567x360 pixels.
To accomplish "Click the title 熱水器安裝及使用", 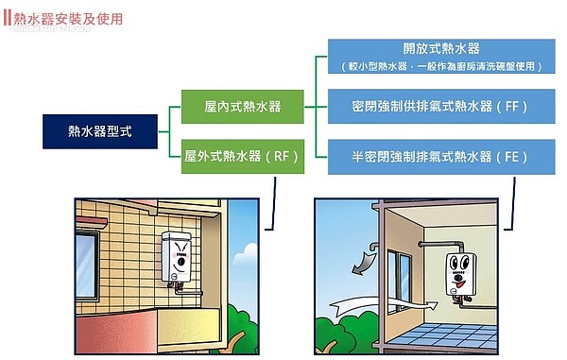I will coord(68,19).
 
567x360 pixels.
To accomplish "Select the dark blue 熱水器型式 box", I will coord(100,131).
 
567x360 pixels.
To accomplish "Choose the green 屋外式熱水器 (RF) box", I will coord(243,156).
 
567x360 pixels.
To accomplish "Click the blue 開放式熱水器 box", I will coord(439,57).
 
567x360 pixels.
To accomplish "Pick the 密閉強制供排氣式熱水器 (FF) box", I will coord(439,104).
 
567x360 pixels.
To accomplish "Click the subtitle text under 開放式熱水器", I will coord(439,68).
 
